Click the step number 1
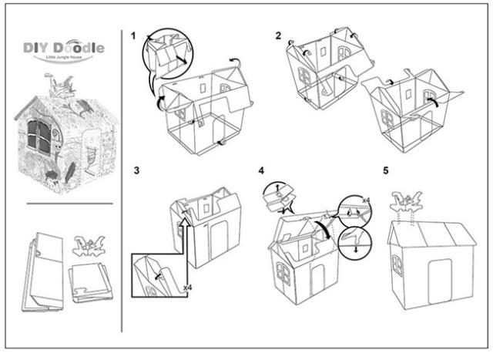(x=133, y=36)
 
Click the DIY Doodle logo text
(x=64, y=47)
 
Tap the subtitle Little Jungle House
(x=65, y=59)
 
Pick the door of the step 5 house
(x=441, y=281)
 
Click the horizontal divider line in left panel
(x=64, y=204)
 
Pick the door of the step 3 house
(x=220, y=244)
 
